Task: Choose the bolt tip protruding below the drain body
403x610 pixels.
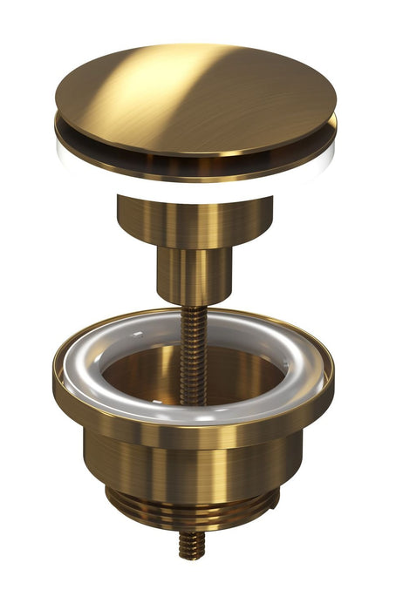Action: tap(191, 546)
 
